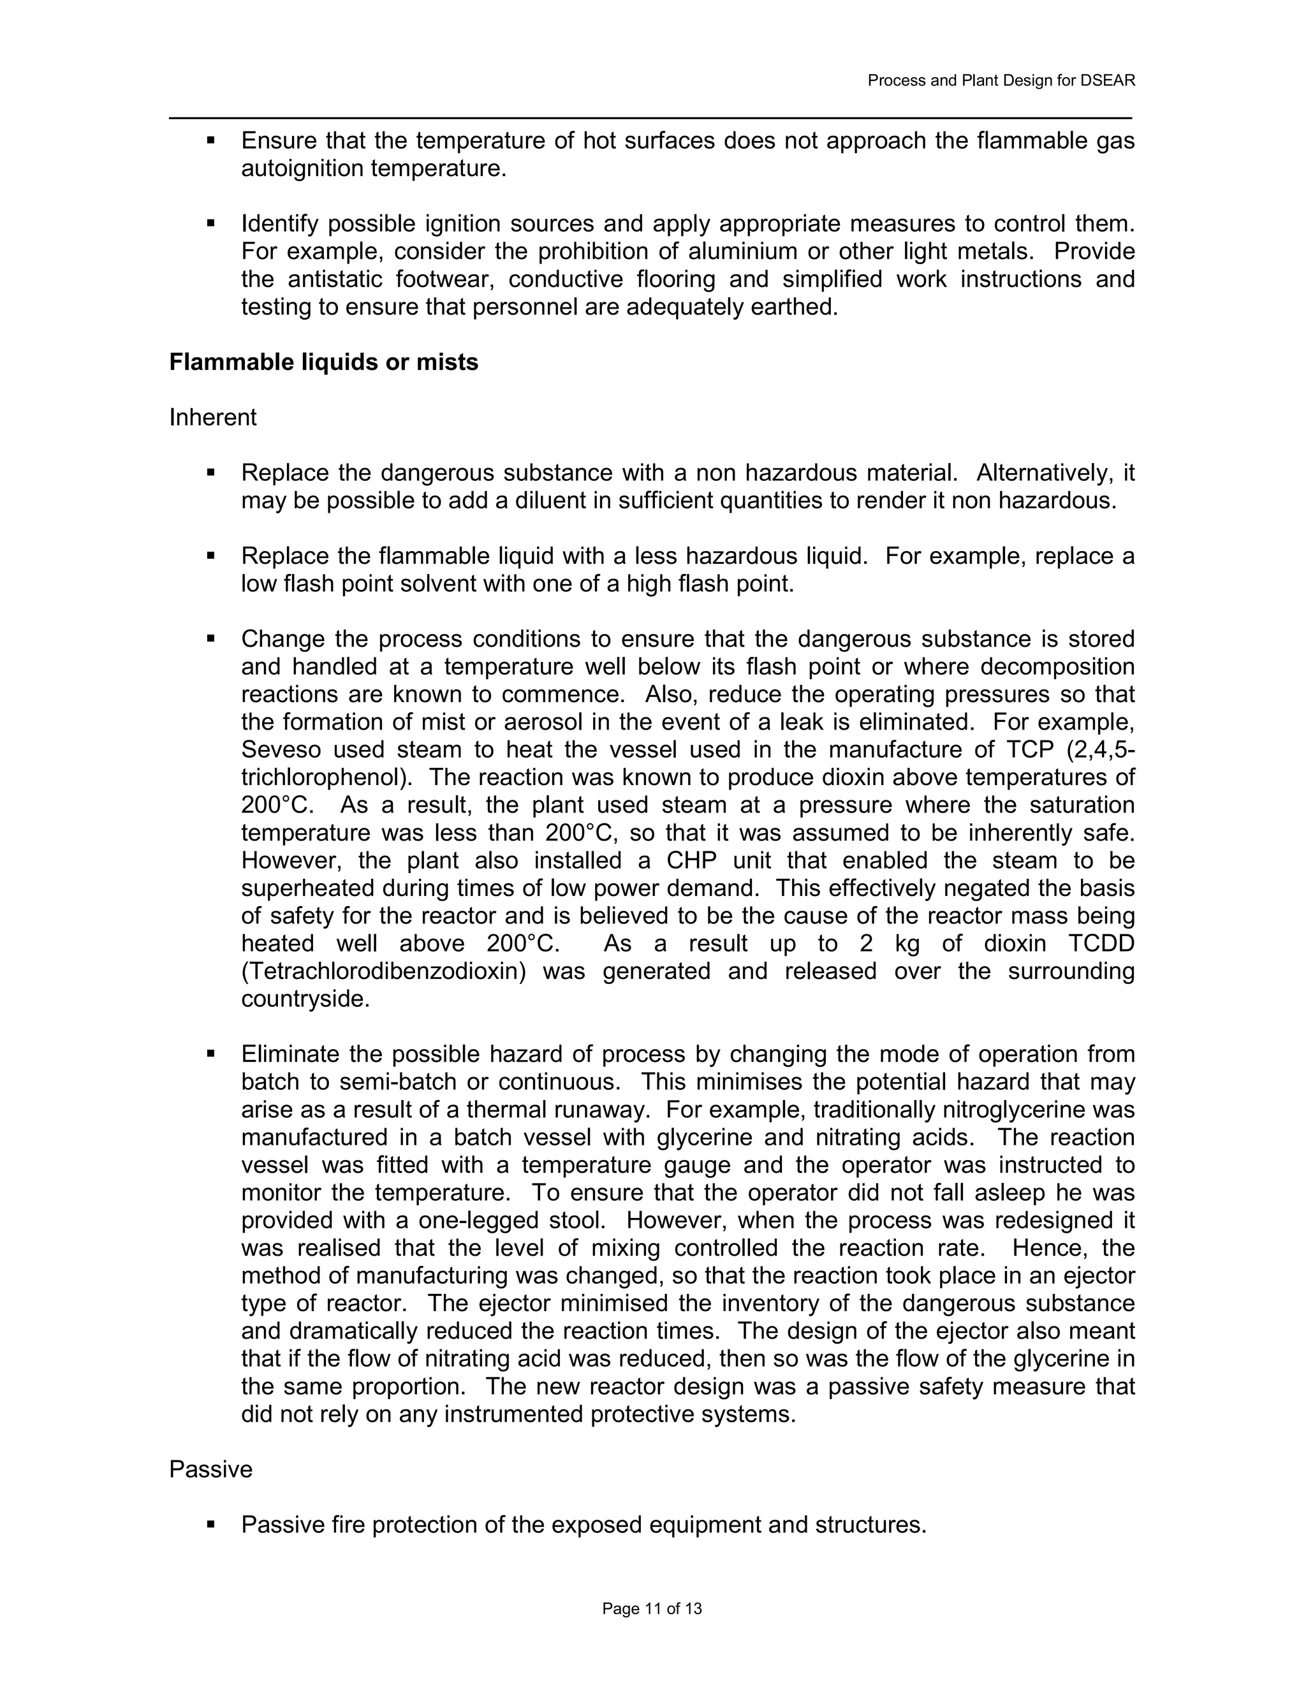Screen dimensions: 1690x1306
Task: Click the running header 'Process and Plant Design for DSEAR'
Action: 1001,80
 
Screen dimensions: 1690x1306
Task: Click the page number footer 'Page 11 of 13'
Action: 652,1609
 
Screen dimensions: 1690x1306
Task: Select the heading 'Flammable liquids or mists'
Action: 323,362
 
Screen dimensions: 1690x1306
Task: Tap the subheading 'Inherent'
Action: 213,418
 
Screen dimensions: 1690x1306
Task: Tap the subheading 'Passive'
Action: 210,1469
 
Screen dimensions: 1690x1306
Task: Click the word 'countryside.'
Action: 305,999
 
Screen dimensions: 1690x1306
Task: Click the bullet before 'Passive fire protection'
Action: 210,1524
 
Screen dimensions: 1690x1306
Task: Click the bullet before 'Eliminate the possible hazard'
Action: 210,1054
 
